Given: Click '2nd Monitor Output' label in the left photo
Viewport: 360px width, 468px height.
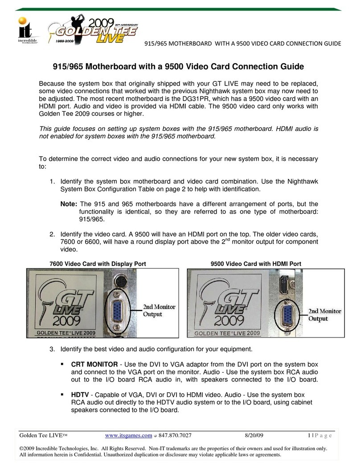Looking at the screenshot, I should [159, 310].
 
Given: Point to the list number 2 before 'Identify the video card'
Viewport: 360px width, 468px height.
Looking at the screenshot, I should [52, 234].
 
